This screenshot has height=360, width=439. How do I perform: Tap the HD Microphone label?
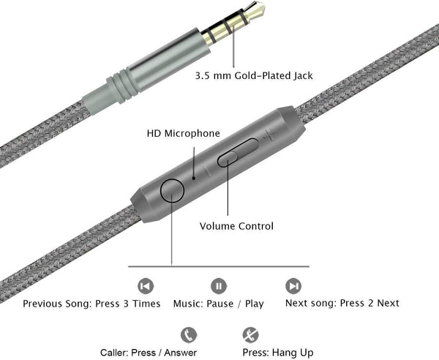(183, 133)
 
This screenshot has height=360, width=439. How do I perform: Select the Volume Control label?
(236, 226)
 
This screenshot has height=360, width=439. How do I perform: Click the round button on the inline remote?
(173, 190)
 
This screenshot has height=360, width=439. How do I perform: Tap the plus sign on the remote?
(270, 135)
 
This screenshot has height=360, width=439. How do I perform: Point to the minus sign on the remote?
(207, 170)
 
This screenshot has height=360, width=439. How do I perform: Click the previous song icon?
(146, 285)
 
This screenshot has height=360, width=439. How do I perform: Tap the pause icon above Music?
(219, 285)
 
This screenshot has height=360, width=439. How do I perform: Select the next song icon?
(293, 285)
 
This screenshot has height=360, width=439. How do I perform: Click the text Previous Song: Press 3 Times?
(91, 304)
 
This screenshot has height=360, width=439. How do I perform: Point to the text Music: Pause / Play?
(218, 304)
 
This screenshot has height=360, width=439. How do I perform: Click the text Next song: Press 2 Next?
(341, 303)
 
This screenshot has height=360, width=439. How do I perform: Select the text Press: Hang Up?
(277, 353)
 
